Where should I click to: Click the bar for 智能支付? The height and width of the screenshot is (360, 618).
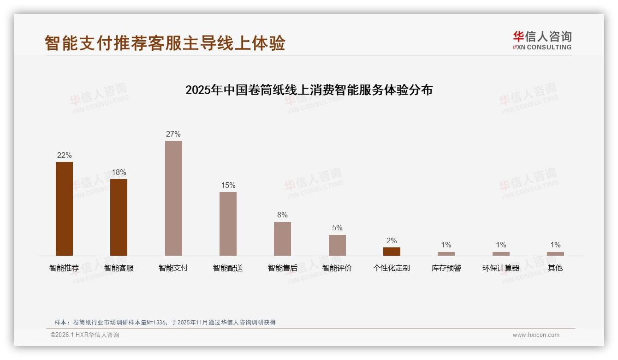coord(173,198)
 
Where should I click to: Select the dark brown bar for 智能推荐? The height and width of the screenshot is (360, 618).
coord(64,209)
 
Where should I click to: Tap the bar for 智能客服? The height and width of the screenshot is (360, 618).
coord(119,217)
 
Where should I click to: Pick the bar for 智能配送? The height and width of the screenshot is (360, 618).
coord(228,224)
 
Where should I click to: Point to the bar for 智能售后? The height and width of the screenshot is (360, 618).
coord(282,239)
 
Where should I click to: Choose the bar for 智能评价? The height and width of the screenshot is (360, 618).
coord(337,245)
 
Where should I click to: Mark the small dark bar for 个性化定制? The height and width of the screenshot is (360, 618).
coord(392,252)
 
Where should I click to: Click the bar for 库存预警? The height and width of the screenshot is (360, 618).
coord(446,254)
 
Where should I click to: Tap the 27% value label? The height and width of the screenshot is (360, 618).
coord(173,134)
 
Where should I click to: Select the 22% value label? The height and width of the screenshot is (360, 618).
coord(64,155)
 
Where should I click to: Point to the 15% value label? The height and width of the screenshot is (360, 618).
coord(228,185)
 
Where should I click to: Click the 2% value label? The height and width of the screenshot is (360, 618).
coord(392,240)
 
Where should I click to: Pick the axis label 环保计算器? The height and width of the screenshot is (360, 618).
coord(501,268)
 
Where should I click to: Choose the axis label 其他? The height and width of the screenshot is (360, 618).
coord(555,268)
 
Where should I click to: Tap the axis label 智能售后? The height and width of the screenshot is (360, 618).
coord(282,268)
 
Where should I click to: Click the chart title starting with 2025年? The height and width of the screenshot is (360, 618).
coord(309,90)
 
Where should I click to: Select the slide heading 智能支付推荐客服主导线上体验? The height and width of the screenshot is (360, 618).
coord(165,42)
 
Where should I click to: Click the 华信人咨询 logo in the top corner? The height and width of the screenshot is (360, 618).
coord(542,40)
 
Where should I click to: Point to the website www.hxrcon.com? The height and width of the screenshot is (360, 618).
coord(536,335)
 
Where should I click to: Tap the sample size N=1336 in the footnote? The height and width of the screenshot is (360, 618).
coord(157,322)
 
